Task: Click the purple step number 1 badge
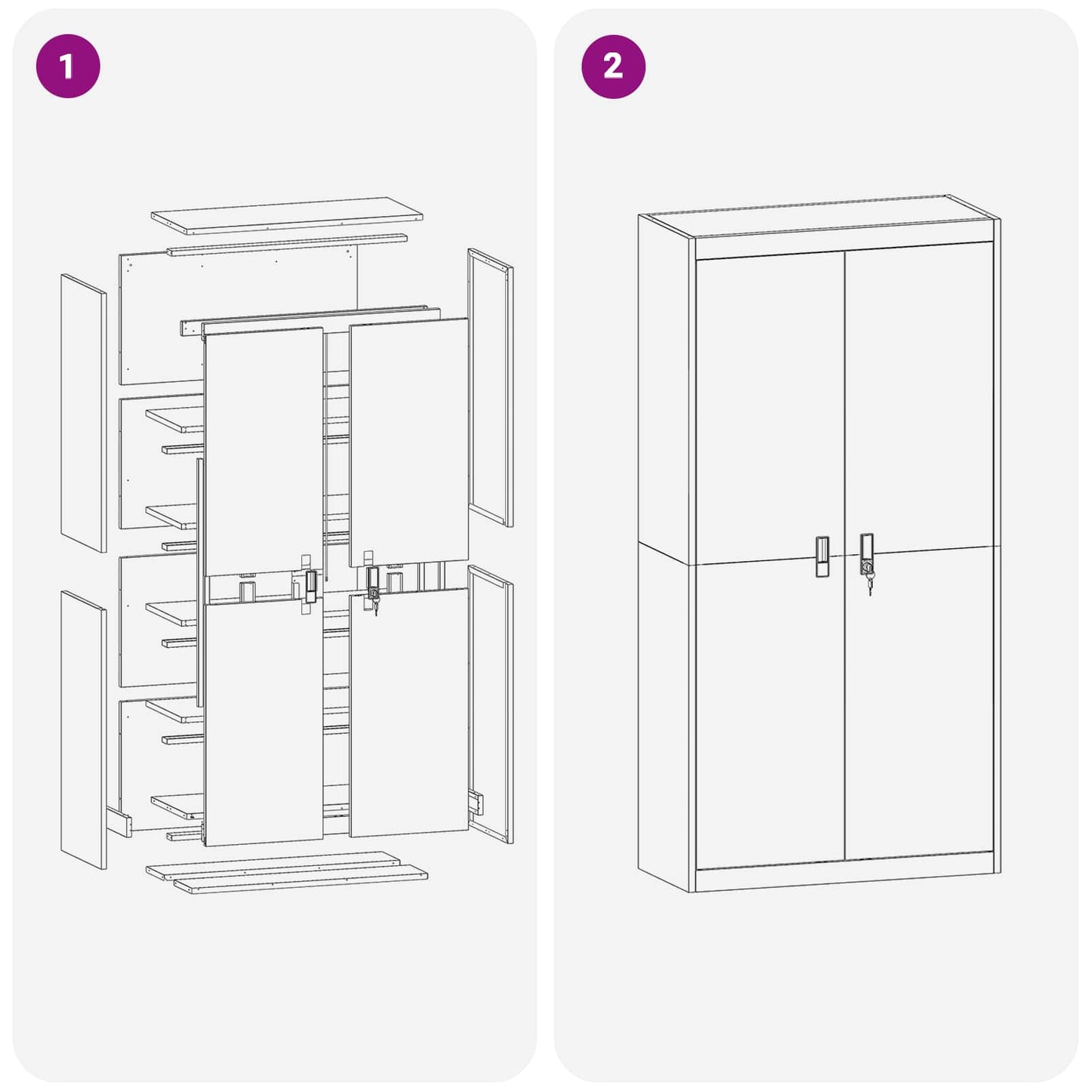click(x=68, y=66)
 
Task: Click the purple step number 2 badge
click(x=613, y=66)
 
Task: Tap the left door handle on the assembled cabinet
click(x=822, y=556)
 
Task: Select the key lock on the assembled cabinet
click(x=867, y=565)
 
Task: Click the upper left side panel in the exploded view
click(x=83, y=413)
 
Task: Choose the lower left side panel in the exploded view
click(x=83, y=729)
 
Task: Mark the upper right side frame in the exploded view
click(x=490, y=387)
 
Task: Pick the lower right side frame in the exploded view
click(x=490, y=704)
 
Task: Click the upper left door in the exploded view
click(x=264, y=449)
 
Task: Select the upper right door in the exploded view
click(x=408, y=442)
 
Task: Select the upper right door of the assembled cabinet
click(x=917, y=400)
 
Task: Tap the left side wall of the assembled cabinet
click(x=664, y=551)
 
